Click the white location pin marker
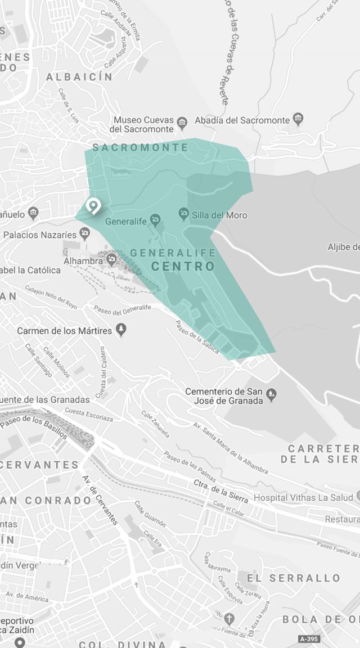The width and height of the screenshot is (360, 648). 92,206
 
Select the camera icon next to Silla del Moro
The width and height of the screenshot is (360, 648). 183,214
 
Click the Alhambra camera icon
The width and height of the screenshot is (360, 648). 111,259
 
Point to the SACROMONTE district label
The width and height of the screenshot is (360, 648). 140,147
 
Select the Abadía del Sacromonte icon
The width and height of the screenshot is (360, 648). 298,119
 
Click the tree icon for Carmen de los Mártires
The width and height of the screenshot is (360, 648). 120,330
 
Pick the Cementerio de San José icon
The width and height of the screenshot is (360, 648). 271,393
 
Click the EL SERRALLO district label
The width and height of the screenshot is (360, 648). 294,578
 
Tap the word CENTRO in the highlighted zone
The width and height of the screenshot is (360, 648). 183,266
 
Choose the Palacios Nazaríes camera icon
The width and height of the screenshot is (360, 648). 84,232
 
